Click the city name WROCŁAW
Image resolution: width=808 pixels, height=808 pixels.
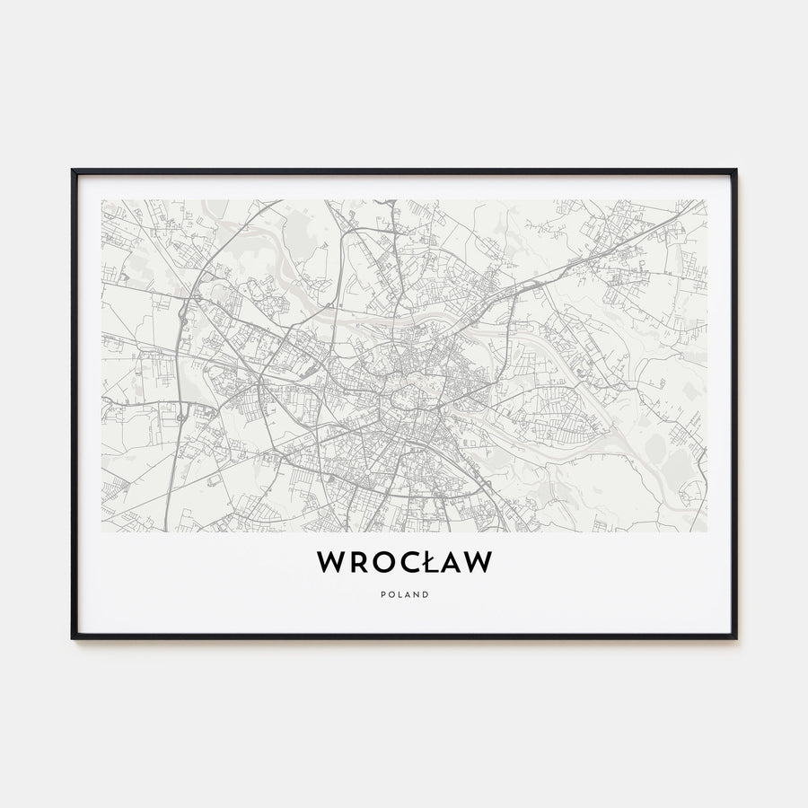pyautogui.click(x=404, y=562)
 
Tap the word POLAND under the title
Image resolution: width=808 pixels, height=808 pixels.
pyautogui.click(x=404, y=594)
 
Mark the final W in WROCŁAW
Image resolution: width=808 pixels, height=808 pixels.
pyautogui.click(x=477, y=562)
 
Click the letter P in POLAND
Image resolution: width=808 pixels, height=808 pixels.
pyautogui.click(x=382, y=594)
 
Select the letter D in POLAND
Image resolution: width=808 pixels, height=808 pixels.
pyautogui.click(x=426, y=594)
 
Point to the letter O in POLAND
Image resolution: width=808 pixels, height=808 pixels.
pyautogui.click(x=391, y=594)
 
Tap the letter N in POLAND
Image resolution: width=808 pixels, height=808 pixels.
pyautogui.click(x=417, y=594)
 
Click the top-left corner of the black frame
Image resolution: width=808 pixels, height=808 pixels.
pyautogui.click(x=73, y=170)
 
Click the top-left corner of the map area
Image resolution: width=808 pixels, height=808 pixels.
pyautogui.click(x=102, y=200)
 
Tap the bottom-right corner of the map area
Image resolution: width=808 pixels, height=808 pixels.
pyautogui.click(x=706, y=531)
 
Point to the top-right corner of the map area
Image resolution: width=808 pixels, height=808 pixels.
pyautogui.click(x=706, y=200)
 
